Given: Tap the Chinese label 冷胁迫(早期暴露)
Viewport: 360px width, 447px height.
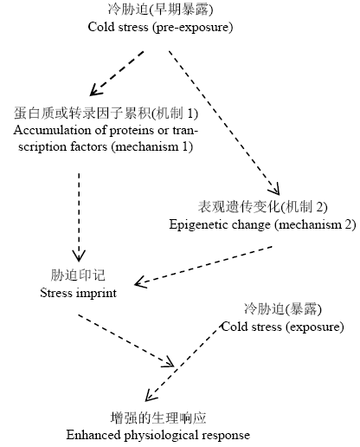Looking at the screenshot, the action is [x=160, y=10].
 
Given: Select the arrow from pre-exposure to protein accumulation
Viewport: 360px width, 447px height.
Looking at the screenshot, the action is [x=117, y=74].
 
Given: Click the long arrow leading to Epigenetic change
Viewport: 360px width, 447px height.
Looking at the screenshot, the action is [x=224, y=123].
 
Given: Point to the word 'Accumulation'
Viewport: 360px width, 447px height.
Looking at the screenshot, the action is [x=52, y=130].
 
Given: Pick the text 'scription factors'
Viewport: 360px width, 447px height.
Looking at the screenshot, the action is [x=62, y=147].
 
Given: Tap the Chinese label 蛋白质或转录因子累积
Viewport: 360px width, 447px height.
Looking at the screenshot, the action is [x=82, y=113].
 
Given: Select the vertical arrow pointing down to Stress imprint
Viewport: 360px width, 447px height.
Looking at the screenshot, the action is [x=79, y=217].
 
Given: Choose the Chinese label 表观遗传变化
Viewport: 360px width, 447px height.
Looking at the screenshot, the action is [x=239, y=207].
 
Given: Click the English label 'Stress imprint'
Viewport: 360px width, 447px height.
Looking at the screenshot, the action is [x=79, y=294].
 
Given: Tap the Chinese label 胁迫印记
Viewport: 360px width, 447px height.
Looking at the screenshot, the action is [x=78, y=275].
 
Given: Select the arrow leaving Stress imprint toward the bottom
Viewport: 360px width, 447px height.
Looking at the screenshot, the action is [x=125, y=341].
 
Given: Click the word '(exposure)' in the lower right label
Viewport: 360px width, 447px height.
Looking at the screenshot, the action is [x=315, y=327].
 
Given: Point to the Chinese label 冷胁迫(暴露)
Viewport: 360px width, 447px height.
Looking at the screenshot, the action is [x=283, y=309].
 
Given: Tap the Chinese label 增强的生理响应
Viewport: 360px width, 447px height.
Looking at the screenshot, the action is [x=158, y=418].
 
